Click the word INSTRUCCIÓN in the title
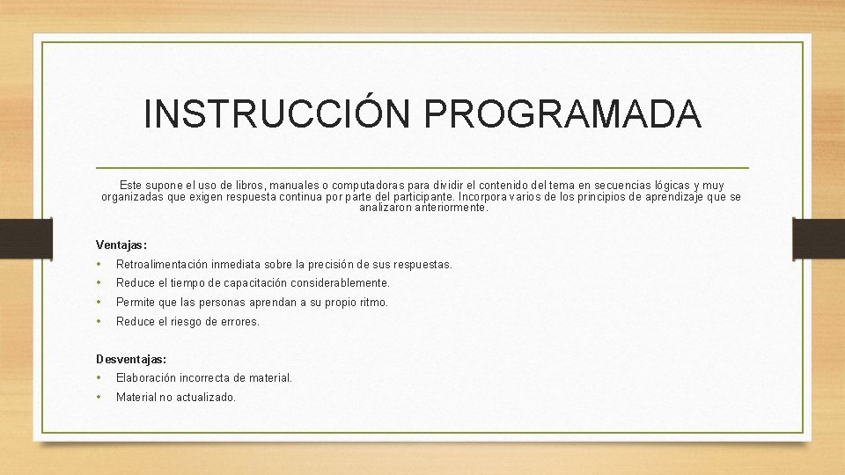276,115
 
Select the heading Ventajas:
121,245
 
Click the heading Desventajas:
131,359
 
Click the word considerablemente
339,283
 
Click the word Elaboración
146,378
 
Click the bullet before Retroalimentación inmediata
100,264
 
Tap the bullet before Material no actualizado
100,398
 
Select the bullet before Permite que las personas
100,303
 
